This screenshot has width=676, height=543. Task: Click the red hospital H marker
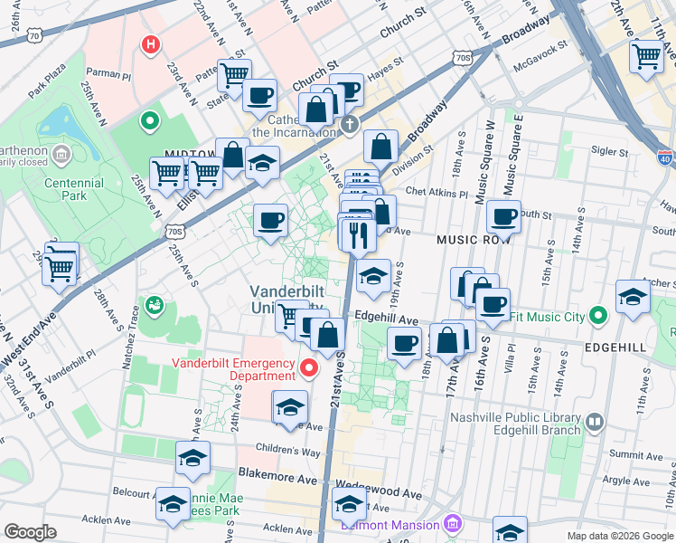[x=151, y=43]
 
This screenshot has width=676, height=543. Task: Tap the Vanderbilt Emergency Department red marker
[x=309, y=367]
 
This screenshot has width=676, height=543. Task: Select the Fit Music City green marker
[x=596, y=317]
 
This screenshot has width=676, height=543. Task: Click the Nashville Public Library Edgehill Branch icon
[x=596, y=421]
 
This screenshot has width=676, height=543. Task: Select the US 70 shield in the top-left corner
[x=34, y=35]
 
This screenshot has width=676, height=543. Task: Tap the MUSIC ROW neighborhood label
[x=474, y=240]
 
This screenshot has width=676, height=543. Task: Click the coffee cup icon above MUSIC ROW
[x=503, y=216]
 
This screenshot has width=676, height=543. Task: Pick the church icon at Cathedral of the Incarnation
[x=348, y=123]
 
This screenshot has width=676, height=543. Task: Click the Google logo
[x=31, y=532]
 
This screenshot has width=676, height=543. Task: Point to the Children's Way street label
[x=287, y=452]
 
